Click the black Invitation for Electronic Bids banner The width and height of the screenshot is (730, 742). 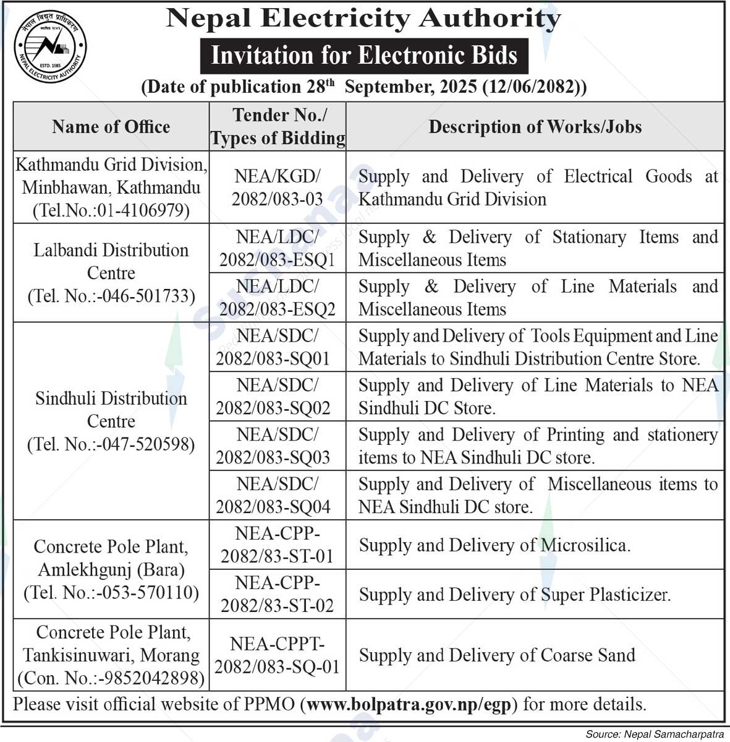tap(364, 56)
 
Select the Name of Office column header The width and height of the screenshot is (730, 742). tap(111, 127)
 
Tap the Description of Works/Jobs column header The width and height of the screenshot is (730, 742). tap(535, 127)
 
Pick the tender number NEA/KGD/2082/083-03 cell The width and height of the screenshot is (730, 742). tap(278, 188)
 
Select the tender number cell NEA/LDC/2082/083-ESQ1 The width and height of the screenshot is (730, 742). tap(278, 248)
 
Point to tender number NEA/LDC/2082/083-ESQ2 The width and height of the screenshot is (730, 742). tap(278, 298)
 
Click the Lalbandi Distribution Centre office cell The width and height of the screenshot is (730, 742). tap(111, 273)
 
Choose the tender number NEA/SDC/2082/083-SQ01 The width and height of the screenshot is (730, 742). tap(278, 347)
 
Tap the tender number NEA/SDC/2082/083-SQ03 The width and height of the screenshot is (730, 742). tap(278, 446)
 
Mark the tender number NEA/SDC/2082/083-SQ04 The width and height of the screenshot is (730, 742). tap(278, 496)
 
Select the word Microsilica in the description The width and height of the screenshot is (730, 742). tap(585, 545)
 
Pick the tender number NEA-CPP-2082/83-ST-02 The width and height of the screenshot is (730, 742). tap(278, 595)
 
